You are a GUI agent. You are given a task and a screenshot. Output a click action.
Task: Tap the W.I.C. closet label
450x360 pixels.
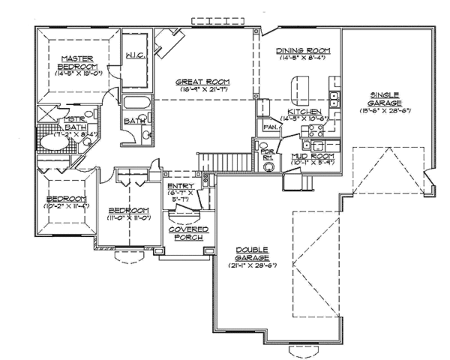click(135, 55)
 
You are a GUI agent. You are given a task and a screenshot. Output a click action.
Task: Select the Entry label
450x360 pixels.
click(181, 185)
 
